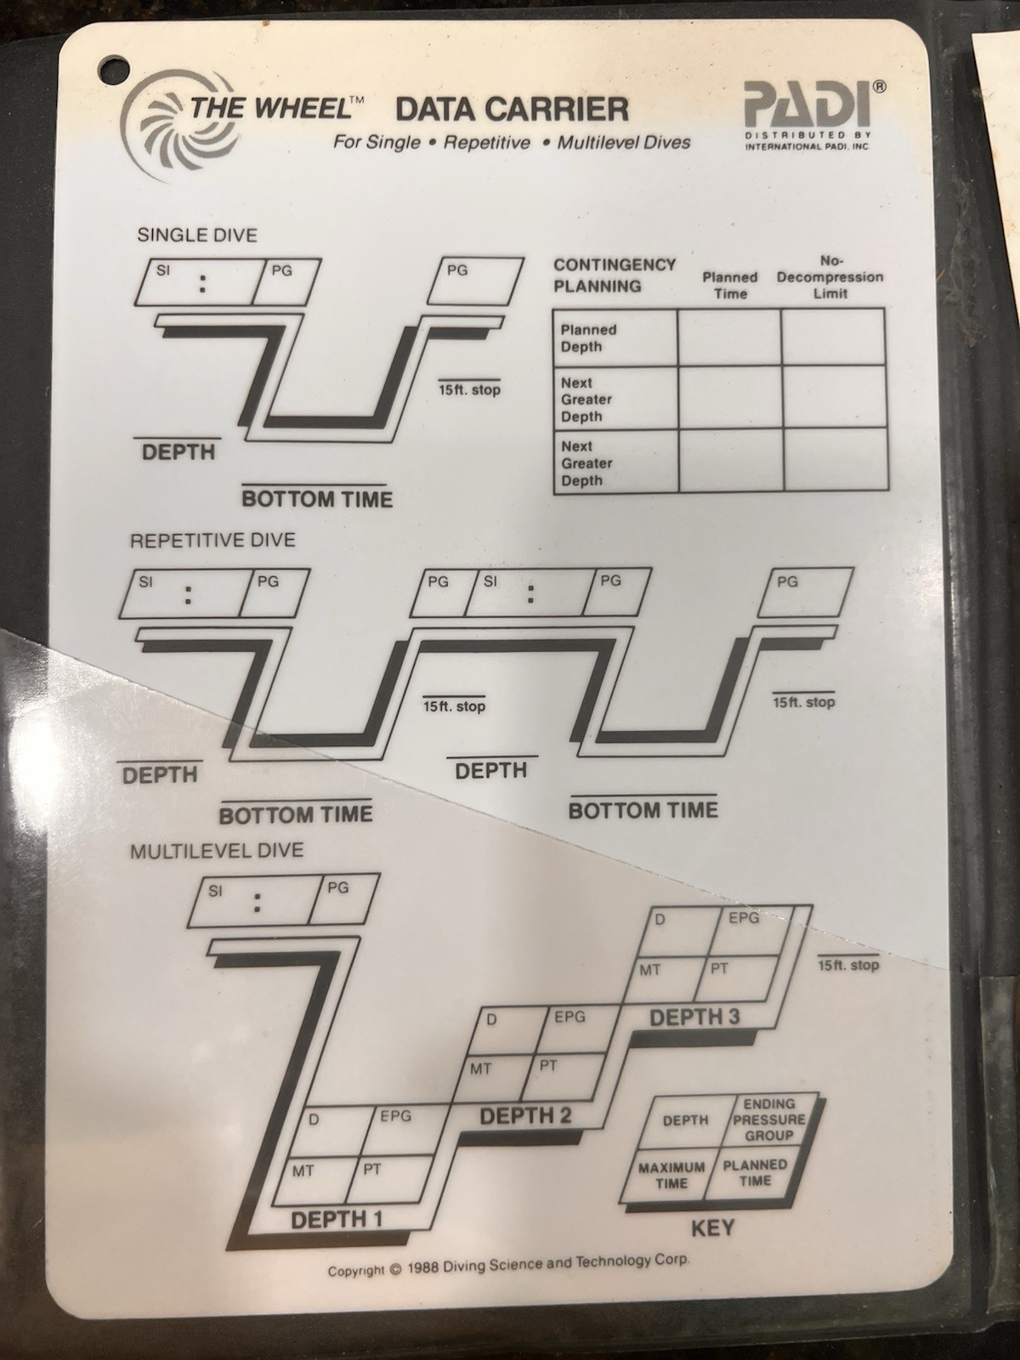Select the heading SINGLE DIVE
[x=196, y=235]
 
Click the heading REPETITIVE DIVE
[x=212, y=541]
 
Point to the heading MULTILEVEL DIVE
[x=216, y=850]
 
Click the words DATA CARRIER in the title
[x=512, y=110]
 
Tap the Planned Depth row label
[x=588, y=338]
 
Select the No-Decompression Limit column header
[x=830, y=277]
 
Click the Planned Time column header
[x=729, y=286]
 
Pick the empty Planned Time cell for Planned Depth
[x=729, y=338]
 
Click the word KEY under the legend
[x=712, y=1228]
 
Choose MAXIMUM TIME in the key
[x=671, y=1175]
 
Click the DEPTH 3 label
[x=694, y=1017]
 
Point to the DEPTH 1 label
[x=337, y=1221]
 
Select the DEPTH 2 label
[x=525, y=1116]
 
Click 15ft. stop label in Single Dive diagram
[x=469, y=390]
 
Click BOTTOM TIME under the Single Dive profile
[x=317, y=499]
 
